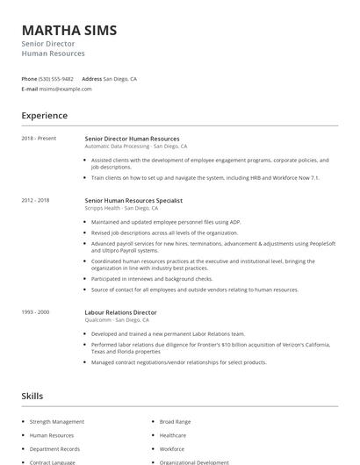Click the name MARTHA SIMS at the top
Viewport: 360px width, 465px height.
[x=68, y=30]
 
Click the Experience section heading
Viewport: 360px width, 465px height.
[x=44, y=116]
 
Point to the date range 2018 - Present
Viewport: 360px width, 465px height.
[x=39, y=139]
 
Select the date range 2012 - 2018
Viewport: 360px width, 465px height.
[x=35, y=201]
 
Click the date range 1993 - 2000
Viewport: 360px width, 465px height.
[x=35, y=311]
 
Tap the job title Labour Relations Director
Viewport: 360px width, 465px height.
[x=120, y=311]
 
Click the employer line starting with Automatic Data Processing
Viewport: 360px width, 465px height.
[x=135, y=147]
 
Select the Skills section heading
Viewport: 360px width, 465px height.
[x=32, y=397]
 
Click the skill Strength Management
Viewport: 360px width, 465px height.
[x=57, y=422]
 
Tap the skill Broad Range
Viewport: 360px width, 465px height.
[x=175, y=422]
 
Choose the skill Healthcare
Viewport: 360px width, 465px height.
[x=173, y=435]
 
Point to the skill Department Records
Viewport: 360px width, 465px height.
[x=55, y=448]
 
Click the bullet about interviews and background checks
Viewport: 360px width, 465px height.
[x=151, y=279]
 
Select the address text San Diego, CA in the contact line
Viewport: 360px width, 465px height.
[x=120, y=79]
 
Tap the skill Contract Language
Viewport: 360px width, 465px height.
[x=54, y=461]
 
